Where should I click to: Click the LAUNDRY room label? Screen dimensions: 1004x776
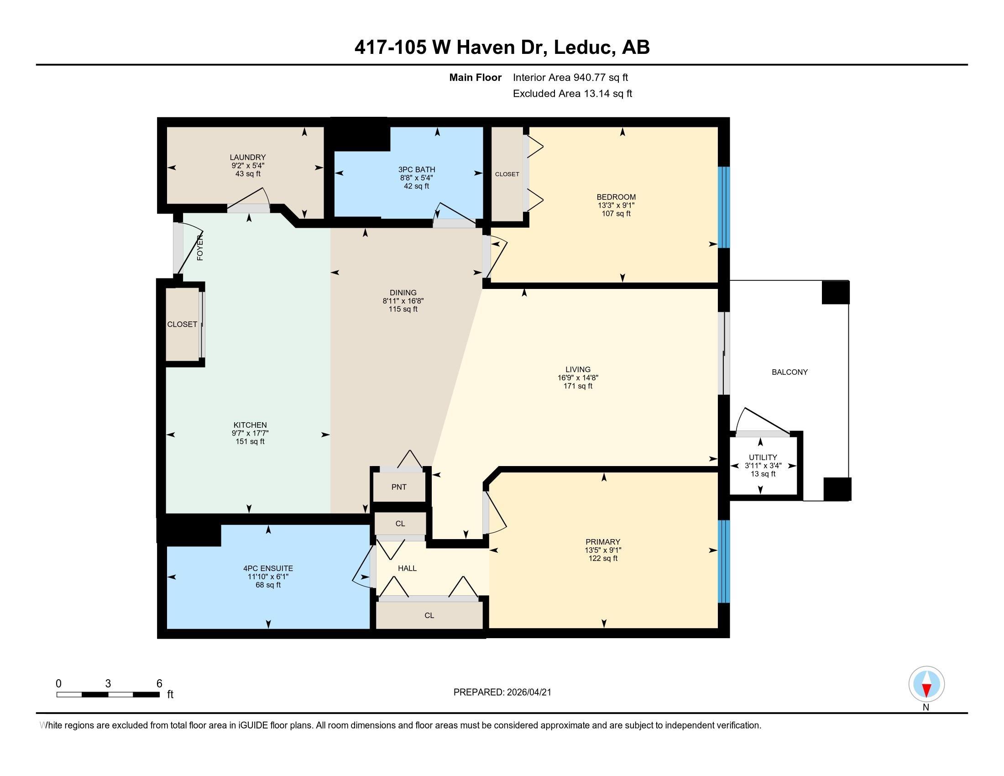(x=248, y=157)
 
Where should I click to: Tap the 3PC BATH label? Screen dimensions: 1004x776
(x=417, y=170)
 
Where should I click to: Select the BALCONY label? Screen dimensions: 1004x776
(x=790, y=372)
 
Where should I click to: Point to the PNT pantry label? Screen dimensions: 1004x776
(x=399, y=487)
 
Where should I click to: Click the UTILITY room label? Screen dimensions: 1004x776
(x=763, y=457)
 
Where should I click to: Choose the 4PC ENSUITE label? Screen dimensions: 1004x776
(x=268, y=568)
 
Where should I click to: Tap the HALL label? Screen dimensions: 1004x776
(x=407, y=568)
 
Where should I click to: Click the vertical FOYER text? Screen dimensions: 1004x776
(x=200, y=248)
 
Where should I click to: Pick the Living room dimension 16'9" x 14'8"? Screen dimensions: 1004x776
(x=578, y=378)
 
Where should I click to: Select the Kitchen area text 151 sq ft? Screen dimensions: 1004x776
(x=250, y=441)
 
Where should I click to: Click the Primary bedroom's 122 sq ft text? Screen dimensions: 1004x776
(x=603, y=558)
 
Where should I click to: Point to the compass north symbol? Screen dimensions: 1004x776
(x=926, y=684)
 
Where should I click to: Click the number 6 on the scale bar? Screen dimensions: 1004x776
(x=159, y=684)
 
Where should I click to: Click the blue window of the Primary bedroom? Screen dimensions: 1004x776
(x=724, y=561)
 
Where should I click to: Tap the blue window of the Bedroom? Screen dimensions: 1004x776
(x=724, y=207)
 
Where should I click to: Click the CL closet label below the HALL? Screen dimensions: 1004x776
(x=429, y=616)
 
